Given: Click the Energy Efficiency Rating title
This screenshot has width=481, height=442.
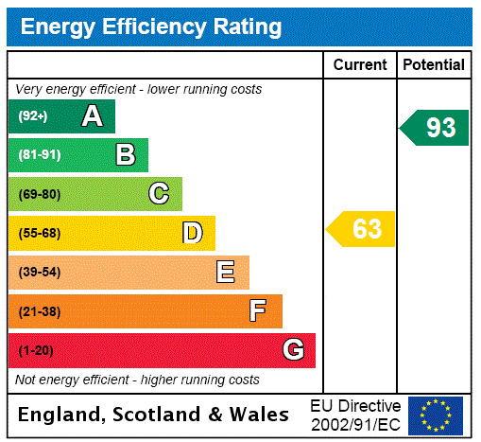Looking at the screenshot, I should tap(151, 27).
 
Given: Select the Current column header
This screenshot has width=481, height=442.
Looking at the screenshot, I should tap(360, 65).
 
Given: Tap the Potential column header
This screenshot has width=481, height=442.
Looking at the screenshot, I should tap(434, 65).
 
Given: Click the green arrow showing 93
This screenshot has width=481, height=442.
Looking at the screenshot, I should tap(436, 128).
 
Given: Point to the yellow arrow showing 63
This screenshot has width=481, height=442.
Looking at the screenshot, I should tap(362, 229).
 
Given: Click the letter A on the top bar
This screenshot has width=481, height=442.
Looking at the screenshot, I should tap(92, 116).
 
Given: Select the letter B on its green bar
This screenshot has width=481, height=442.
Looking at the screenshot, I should tap(126, 155).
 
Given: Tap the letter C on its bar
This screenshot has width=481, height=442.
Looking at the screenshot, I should tap(159, 194).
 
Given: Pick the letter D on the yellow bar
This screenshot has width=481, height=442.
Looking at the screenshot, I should tap(192, 233).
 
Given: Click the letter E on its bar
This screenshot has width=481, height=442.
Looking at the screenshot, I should tap(226, 273).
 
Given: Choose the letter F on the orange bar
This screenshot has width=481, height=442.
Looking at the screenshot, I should tap(258, 311).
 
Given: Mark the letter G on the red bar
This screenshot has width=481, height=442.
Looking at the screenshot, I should tap(293, 350).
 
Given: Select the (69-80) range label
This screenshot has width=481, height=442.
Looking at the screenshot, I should tap(39, 195).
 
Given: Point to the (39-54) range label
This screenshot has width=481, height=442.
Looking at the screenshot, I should tap(39, 273).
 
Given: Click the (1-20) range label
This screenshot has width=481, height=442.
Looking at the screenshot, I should tap(36, 351).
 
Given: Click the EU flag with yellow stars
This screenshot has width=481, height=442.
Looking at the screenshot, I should tap(436, 415).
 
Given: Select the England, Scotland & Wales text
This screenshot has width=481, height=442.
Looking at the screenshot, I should tap(154, 415).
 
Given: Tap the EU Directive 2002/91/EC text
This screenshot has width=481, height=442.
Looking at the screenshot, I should tap(355, 415).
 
